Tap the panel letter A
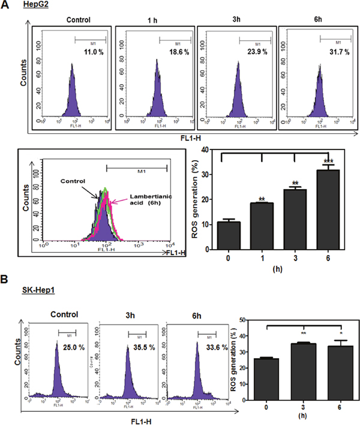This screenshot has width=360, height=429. coord(6,6)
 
